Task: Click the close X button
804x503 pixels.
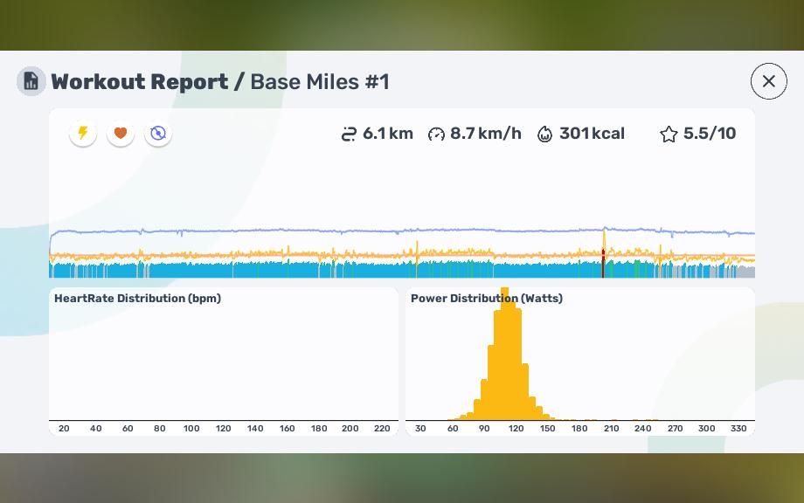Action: click(769, 81)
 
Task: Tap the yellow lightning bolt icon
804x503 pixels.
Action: click(83, 134)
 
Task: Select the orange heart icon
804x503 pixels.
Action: click(121, 134)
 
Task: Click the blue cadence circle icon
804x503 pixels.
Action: click(158, 134)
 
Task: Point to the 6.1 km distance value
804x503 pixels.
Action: click(387, 134)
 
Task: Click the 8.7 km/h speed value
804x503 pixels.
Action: click(485, 134)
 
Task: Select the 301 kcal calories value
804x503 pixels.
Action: click(592, 134)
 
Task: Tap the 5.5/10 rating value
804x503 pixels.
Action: click(710, 134)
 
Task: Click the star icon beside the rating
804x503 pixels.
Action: click(669, 134)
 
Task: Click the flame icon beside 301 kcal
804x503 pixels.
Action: click(545, 134)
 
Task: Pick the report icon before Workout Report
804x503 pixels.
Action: click(31, 81)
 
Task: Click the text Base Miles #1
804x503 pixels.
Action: click(320, 82)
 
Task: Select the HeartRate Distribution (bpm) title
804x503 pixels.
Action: click(137, 299)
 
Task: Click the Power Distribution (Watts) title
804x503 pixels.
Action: click(487, 299)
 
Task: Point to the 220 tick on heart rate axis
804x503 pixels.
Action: click(382, 429)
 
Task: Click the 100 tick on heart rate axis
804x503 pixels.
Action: click(191, 429)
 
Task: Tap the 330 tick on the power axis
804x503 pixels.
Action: click(738, 429)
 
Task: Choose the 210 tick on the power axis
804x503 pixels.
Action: click(612, 429)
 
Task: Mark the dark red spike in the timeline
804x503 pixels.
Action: click(603, 263)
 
